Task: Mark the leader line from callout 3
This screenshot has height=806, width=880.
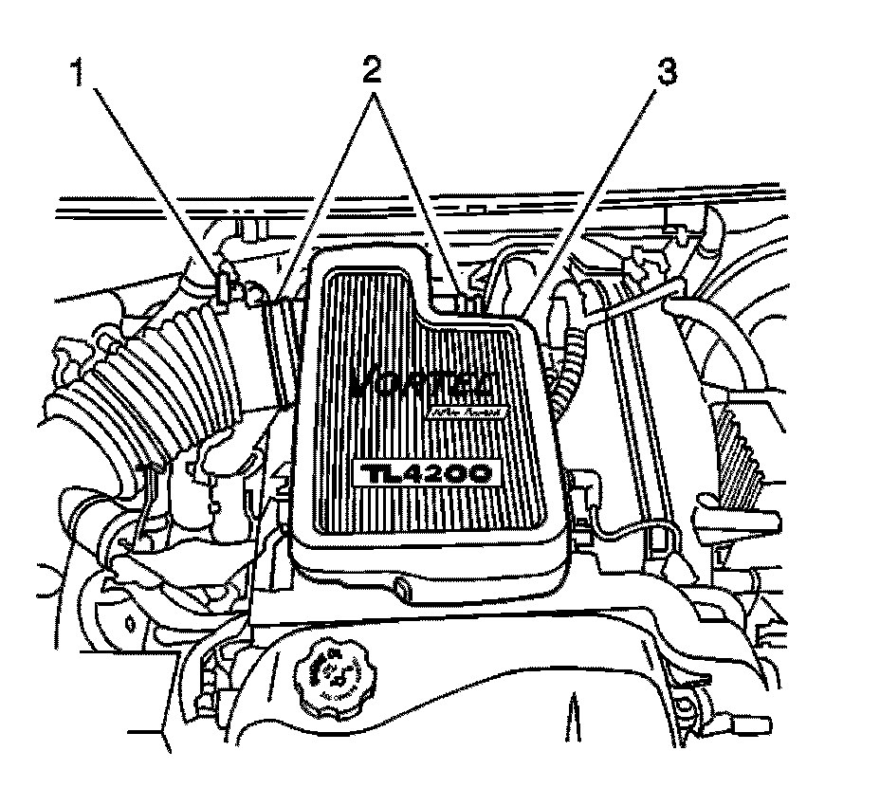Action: pyautogui.click(x=597, y=190)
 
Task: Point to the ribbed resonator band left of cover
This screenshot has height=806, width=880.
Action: pyautogui.click(x=279, y=346)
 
